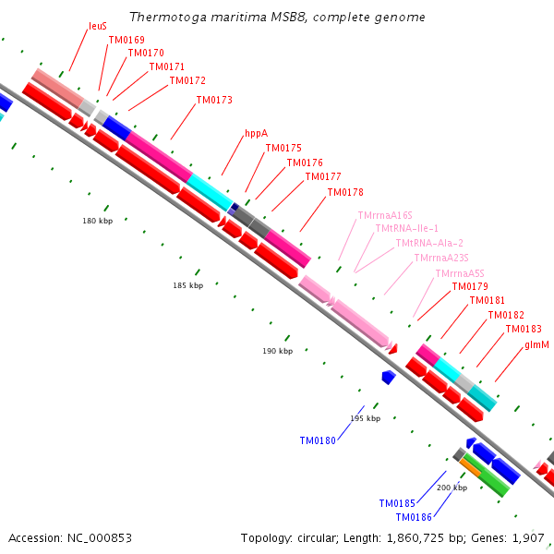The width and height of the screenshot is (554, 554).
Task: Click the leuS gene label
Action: coord(98,26)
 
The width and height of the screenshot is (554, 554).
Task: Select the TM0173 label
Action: coord(214,100)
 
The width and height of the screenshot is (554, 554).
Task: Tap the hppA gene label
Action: coord(257,134)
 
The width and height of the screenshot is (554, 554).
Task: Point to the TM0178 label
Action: coord(345,192)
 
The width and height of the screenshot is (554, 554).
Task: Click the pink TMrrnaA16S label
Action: coord(385,215)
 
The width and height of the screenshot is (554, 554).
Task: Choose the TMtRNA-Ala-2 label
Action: coord(429,243)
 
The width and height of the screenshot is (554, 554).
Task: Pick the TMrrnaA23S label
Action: coord(441,258)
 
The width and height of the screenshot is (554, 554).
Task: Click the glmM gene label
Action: coord(537,344)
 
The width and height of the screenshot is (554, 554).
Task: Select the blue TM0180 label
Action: coord(318,441)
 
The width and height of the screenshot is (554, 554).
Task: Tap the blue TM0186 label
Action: coord(414,517)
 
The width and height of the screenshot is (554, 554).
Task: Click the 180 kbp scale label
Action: coord(98,221)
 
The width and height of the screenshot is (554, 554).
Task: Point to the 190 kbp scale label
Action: coord(277,351)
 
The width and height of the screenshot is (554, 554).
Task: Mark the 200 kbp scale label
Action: coord(452,488)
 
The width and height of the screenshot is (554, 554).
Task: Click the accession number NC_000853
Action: coord(100,538)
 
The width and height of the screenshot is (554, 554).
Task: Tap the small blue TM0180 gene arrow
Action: coord(389,377)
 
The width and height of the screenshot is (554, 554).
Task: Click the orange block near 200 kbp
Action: coord(470,467)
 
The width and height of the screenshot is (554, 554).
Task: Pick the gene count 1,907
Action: coord(528,538)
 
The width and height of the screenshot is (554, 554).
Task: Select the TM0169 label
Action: coord(126,40)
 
